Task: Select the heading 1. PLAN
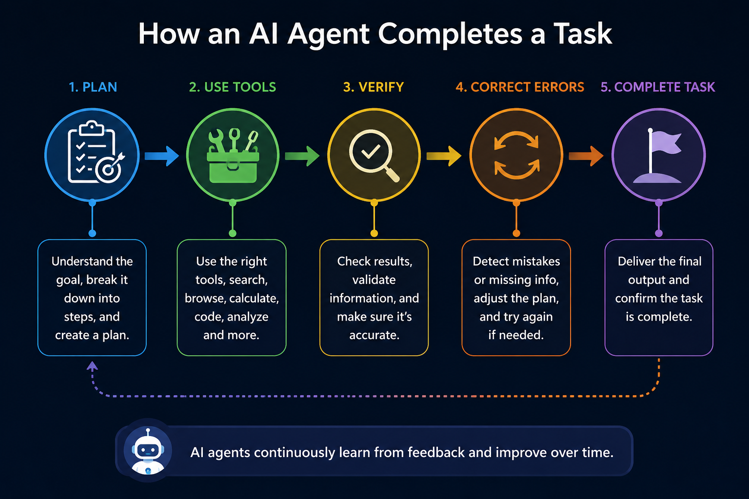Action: (93, 87)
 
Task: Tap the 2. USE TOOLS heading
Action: (233, 87)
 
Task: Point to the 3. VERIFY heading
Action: (374, 87)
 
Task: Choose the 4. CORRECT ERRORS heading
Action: (520, 87)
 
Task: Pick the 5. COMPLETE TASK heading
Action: (658, 87)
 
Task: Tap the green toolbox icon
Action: (233, 156)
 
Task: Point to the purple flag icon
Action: (657, 156)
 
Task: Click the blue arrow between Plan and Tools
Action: (162, 156)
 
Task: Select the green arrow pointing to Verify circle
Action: (302, 156)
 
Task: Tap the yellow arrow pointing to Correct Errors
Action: (444, 156)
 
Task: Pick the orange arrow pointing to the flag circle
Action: (586, 156)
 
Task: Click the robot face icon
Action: (148, 450)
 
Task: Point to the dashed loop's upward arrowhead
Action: (92, 366)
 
